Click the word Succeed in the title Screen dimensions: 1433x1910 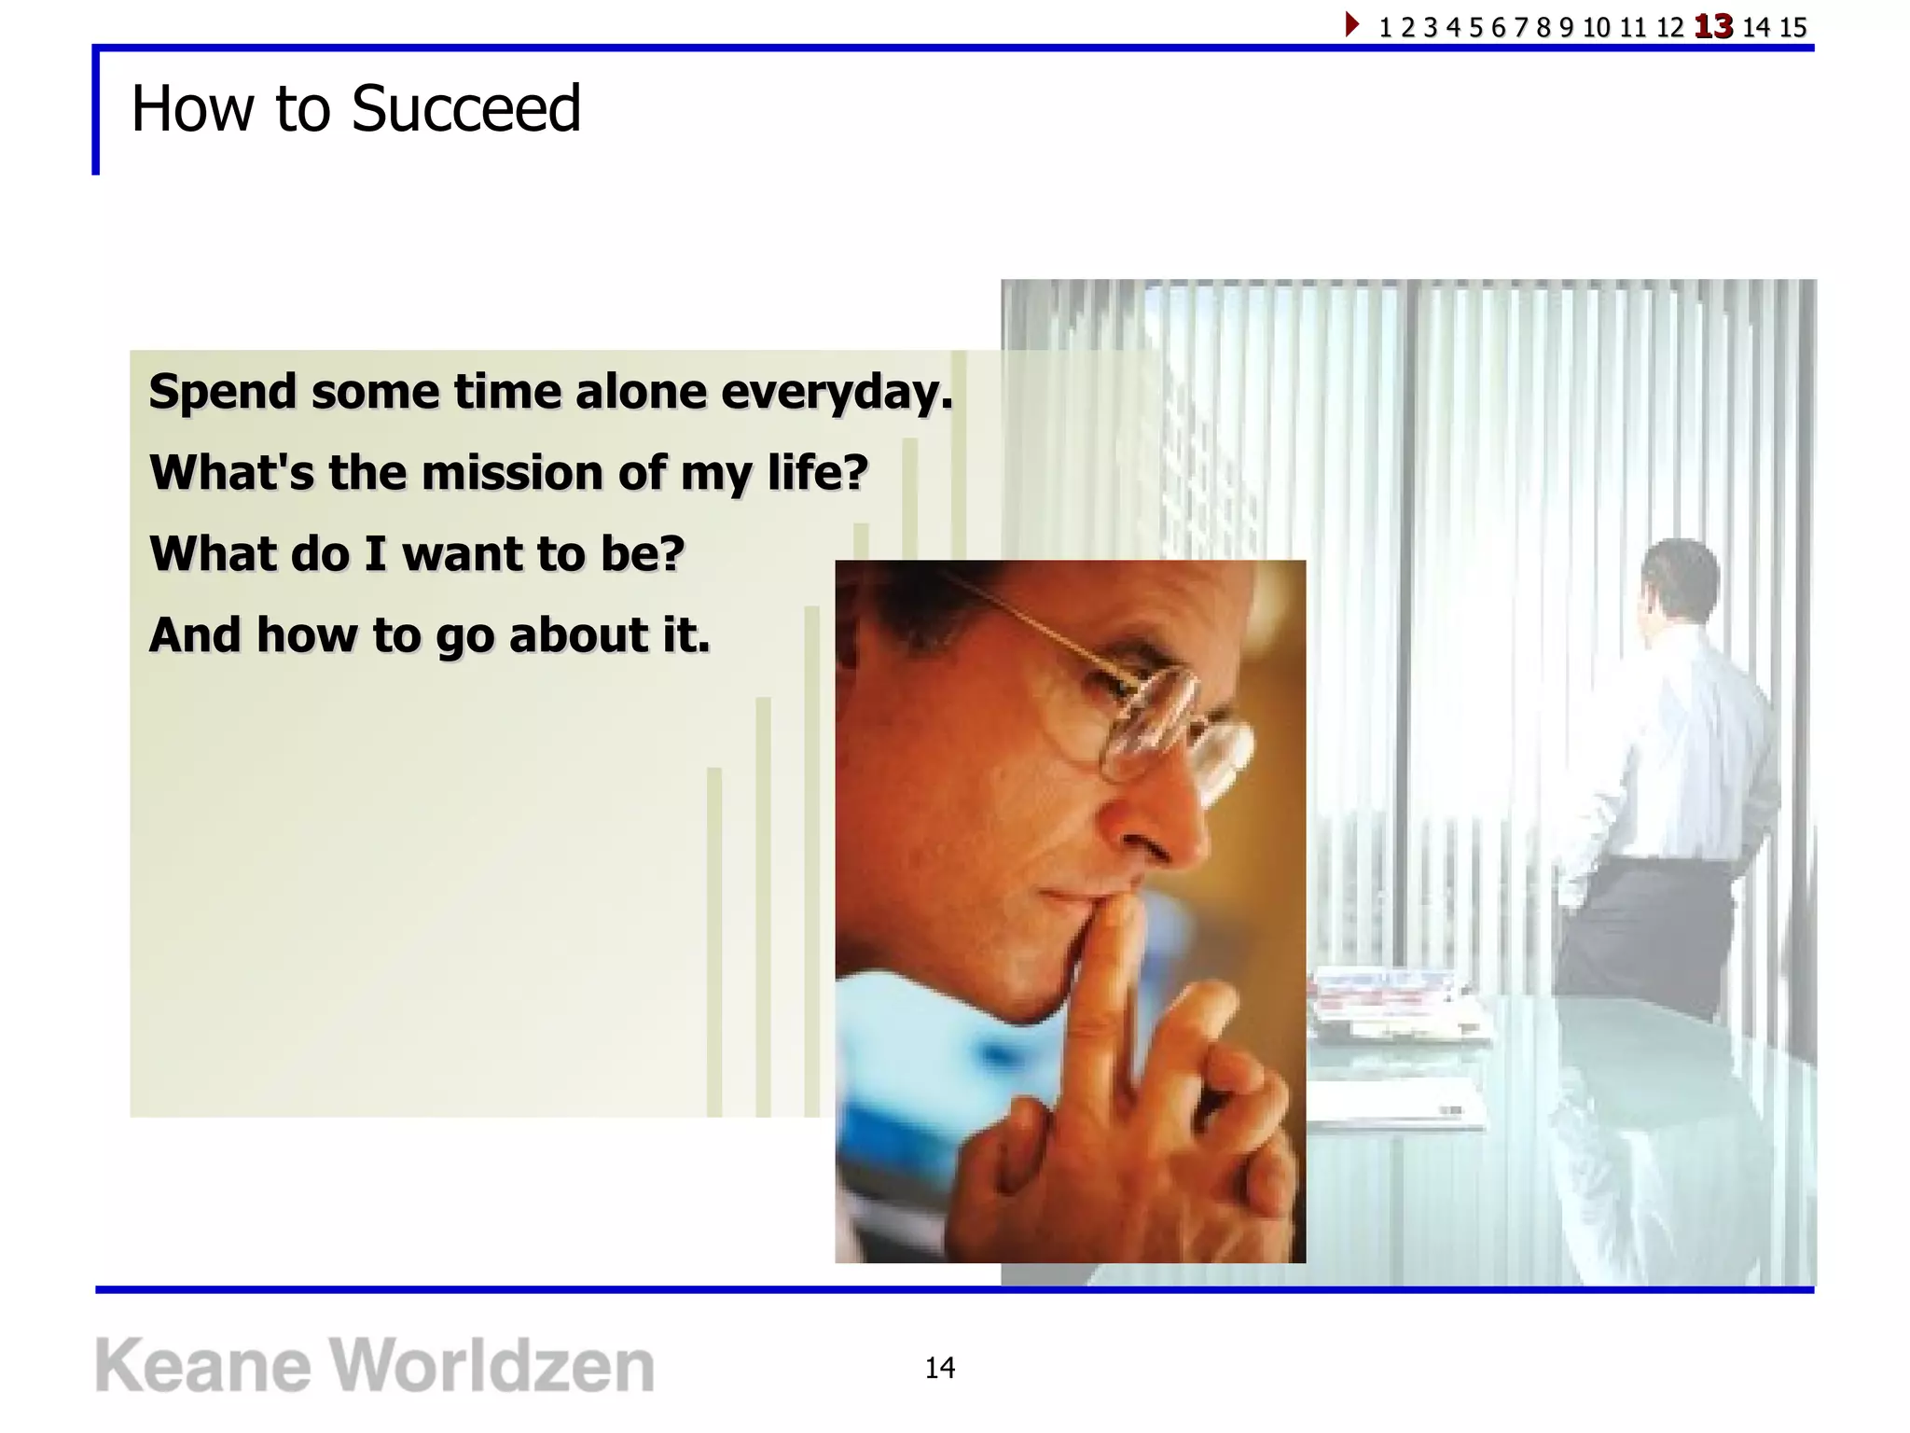465,109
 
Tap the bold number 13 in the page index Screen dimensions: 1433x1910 1713,26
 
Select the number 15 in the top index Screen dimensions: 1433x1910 1792,27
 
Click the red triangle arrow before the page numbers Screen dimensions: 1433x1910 1351,24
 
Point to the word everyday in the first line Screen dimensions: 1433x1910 837,392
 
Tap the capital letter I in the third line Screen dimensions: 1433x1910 375,554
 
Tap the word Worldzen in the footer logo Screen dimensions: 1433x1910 492,1366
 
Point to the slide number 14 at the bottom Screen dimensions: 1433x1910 939,1368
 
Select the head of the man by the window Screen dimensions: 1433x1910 1679,578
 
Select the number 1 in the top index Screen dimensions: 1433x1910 1385,27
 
